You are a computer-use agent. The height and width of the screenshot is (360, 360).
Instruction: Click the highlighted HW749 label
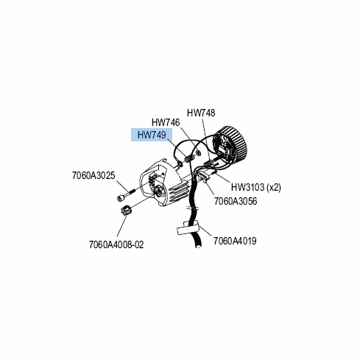(152, 135)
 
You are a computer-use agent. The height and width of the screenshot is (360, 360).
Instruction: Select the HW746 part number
(166, 122)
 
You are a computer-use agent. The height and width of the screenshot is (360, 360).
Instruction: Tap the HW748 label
(201, 113)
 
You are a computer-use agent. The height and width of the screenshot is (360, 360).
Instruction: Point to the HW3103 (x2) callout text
(256, 187)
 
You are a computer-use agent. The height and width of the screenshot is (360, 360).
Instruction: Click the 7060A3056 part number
(236, 201)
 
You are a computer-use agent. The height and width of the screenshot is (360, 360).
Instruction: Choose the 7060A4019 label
(235, 241)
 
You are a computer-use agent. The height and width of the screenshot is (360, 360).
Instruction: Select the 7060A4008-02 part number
(116, 244)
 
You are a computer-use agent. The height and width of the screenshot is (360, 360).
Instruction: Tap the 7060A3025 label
(93, 176)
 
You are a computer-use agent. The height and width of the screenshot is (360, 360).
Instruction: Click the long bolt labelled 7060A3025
(126, 194)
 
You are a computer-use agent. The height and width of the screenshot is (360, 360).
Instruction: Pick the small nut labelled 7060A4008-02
(127, 211)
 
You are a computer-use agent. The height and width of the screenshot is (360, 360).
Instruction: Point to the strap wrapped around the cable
(188, 228)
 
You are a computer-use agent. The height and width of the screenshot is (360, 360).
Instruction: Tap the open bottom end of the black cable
(198, 244)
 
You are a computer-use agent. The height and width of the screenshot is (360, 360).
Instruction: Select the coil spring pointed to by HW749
(189, 158)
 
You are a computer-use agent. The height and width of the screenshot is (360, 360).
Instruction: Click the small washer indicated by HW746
(199, 153)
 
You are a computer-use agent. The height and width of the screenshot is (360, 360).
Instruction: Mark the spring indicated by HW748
(208, 162)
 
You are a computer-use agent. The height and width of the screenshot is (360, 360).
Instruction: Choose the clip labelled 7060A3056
(204, 177)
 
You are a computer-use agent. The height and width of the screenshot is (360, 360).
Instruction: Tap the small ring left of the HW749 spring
(180, 163)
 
